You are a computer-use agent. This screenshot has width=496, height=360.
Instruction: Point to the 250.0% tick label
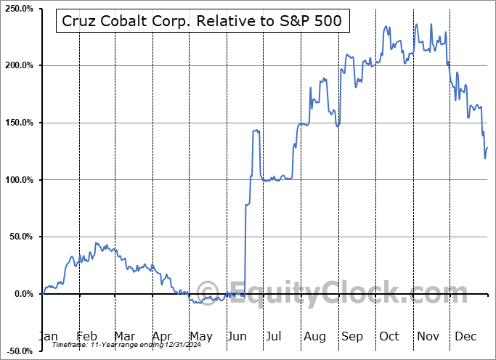click(x=19, y=9)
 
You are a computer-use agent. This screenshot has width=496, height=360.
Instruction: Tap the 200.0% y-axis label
click(x=19, y=65)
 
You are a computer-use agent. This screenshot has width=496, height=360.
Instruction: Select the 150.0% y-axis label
click(x=19, y=123)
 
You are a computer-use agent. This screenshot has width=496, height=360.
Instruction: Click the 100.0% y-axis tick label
click(x=19, y=180)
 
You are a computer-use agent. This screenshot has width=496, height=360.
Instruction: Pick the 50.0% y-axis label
click(x=21, y=237)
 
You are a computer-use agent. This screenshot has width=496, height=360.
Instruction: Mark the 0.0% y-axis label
click(x=23, y=294)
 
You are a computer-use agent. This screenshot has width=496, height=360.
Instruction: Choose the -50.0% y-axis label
click(x=20, y=351)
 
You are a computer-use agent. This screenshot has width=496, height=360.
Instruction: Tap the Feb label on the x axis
click(x=86, y=336)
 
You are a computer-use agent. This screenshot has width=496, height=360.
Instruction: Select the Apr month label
click(x=162, y=336)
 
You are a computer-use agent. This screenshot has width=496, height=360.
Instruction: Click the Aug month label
click(x=314, y=336)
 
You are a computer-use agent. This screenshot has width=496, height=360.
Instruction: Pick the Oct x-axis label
click(x=390, y=336)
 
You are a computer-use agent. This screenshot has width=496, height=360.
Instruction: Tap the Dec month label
click(x=465, y=336)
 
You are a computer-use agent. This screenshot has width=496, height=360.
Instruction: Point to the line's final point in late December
click(x=487, y=148)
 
